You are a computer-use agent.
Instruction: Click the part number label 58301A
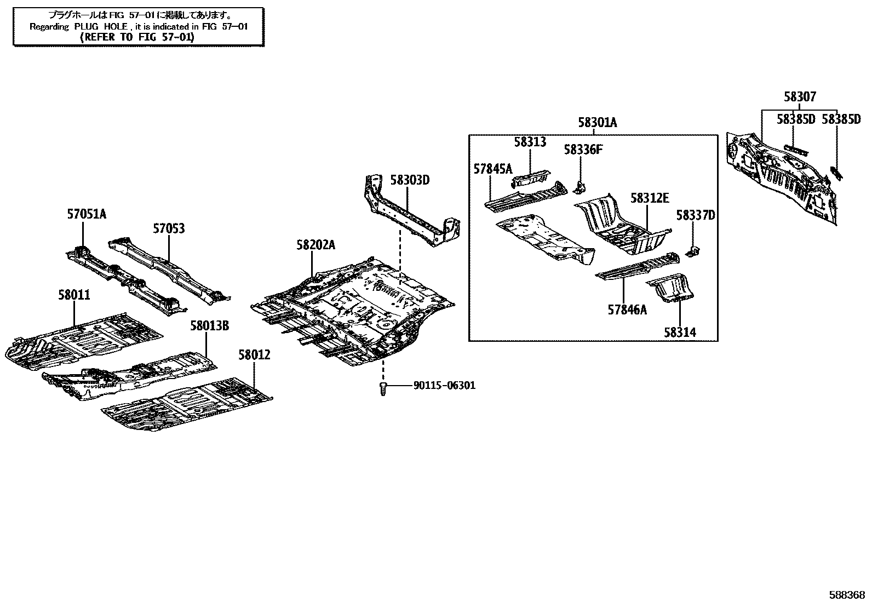click(597, 123)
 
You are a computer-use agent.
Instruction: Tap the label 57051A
click(87, 214)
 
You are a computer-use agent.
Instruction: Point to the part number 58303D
click(410, 180)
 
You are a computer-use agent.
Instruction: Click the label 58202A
click(315, 245)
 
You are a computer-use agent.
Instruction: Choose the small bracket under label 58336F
click(579, 187)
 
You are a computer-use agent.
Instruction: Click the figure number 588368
click(846, 594)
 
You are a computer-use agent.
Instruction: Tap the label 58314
click(680, 332)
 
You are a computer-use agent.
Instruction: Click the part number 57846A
click(627, 309)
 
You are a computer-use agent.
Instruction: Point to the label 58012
click(254, 355)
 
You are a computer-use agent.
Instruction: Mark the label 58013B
click(209, 326)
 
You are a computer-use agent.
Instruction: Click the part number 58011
click(74, 295)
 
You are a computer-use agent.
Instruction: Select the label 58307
click(799, 97)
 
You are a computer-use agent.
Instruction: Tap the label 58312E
click(649, 198)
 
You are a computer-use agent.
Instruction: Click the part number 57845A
click(492, 169)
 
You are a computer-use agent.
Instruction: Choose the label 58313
click(530, 142)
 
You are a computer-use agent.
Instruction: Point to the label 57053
click(169, 228)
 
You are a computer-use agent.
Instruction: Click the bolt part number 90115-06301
click(444, 386)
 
